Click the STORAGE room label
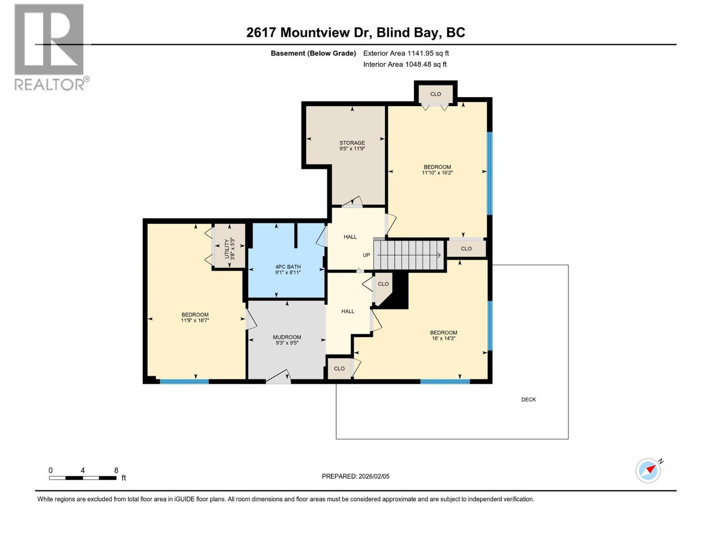click(x=352, y=143)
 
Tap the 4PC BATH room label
click(x=288, y=267)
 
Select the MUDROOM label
click(x=287, y=337)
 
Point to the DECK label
click(x=529, y=399)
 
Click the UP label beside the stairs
click(x=366, y=255)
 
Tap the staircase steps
click(x=409, y=255)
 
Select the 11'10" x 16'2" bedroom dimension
click(x=437, y=173)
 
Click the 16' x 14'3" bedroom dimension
click(x=443, y=339)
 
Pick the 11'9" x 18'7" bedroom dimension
click(x=195, y=320)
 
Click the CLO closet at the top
click(x=436, y=94)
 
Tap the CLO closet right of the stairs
click(x=466, y=249)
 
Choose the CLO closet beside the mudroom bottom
click(x=339, y=368)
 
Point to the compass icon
click(x=648, y=470)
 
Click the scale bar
click(x=83, y=478)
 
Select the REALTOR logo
click(x=49, y=47)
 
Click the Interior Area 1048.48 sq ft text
click(x=405, y=64)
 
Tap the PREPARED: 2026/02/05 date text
click(x=355, y=476)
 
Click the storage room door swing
click(x=353, y=202)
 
